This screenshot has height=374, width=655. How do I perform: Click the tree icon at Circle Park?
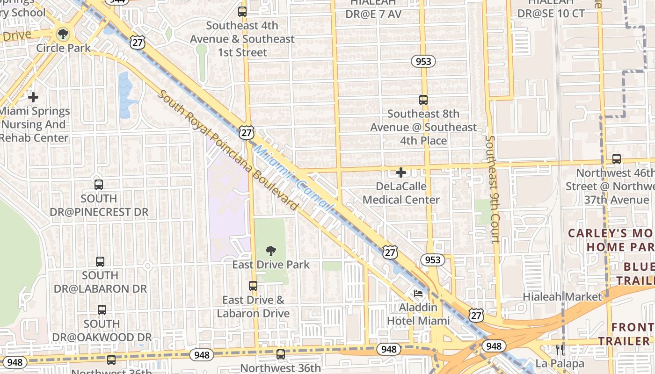point(63,34)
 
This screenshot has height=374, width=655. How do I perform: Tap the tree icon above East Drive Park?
point(270,251)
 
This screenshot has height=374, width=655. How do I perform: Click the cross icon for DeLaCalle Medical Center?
point(401,173)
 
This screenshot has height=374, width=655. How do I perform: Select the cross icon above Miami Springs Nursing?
point(33,97)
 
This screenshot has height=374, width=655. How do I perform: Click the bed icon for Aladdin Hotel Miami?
point(418,294)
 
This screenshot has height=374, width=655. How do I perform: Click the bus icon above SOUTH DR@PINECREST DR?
point(98,184)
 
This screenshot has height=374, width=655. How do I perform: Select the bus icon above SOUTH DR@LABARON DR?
point(100,261)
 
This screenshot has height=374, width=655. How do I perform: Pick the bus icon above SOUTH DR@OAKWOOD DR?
point(102,309)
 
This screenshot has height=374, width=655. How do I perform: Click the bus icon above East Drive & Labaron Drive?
point(253,286)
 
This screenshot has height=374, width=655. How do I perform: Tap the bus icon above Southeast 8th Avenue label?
point(423,100)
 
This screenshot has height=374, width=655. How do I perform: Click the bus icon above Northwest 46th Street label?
point(617,159)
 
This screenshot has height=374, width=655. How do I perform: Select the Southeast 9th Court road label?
point(493,189)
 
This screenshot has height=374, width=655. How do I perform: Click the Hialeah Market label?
point(562,297)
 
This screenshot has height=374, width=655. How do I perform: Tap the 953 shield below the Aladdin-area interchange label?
point(433,259)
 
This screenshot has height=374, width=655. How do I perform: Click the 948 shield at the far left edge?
point(15,362)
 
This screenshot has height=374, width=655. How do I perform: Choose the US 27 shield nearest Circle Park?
point(138,43)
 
